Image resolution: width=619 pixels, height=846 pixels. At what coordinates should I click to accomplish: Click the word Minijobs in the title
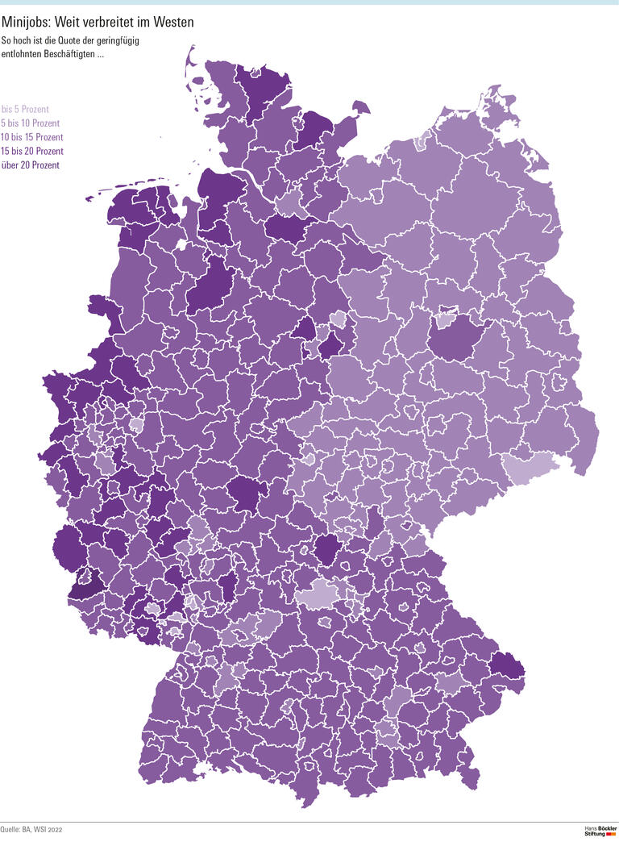pyautogui.click(x=27, y=23)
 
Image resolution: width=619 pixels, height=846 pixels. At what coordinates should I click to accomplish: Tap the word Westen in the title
pyautogui.click(x=170, y=23)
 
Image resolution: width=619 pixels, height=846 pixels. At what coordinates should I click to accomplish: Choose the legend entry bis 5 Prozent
pyautogui.click(x=26, y=109)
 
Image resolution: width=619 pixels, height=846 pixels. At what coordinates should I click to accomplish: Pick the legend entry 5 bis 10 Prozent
pyautogui.click(x=31, y=123)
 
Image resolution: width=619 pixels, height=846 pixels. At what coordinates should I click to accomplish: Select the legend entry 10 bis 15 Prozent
pyautogui.click(x=32, y=137)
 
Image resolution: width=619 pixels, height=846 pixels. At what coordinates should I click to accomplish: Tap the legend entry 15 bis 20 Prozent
pyautogui.click(x=32, y=151)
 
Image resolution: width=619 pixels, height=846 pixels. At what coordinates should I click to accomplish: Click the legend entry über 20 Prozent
pyautogui.click(x=30, y=165)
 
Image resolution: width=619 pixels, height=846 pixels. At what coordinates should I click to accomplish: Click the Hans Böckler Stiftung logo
pyautogui.click(x=600, y=831)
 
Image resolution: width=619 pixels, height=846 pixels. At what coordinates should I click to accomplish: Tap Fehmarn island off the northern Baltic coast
pyautogui.click(x=355, y=108)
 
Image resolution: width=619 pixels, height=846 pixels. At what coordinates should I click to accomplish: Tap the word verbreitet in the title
pyautogui.click(x=107, y=23)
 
